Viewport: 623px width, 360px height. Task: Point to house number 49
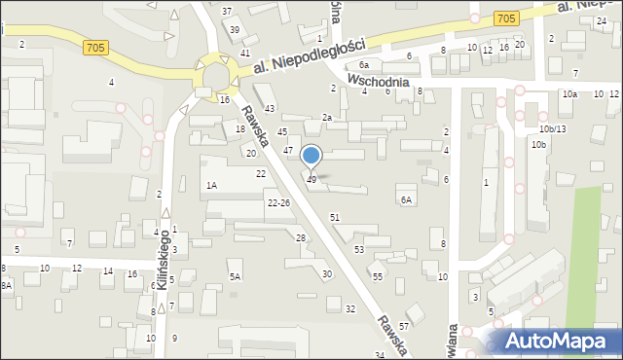click(x=311, y=180)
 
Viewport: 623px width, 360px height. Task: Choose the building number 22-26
click(x=278, y=202)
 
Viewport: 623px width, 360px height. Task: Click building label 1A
click(x=211, y=184)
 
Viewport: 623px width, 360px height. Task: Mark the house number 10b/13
click(x=552, y=128)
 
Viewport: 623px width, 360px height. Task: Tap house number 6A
click(x=406, y=199)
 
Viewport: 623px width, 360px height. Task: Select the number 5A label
click(x=235, y=276)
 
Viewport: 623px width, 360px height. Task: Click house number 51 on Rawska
click(x=334, y=217)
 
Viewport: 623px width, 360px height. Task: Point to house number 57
click(x=403, y=311)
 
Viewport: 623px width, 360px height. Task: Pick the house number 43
click(x=270, y=108)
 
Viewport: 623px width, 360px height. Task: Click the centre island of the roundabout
click(x=215, y=75)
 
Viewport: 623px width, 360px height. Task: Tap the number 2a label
click(x=327, y=118)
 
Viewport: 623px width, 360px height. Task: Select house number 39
click(x=235, y=30)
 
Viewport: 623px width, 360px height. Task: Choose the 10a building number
click(x=568, y=93)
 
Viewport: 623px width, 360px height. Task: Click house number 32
click(x=350, y=308)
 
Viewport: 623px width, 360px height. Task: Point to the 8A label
click(x=6, y=284)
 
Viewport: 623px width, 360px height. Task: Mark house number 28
click(x=301, y=238)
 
